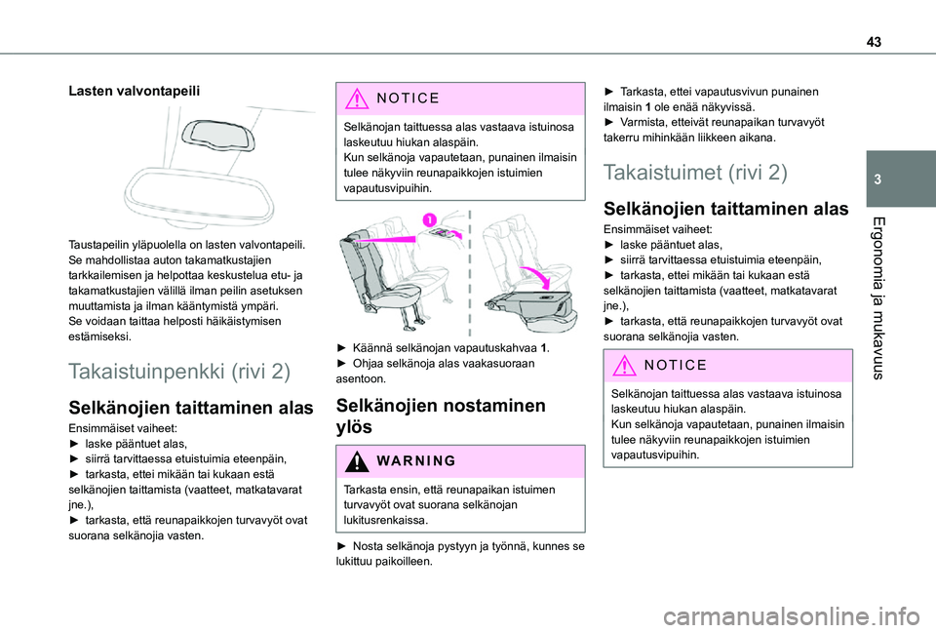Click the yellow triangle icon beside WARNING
(x=353, y=459)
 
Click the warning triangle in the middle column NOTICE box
(x=353, y=98)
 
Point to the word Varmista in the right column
(x=646, y=122)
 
